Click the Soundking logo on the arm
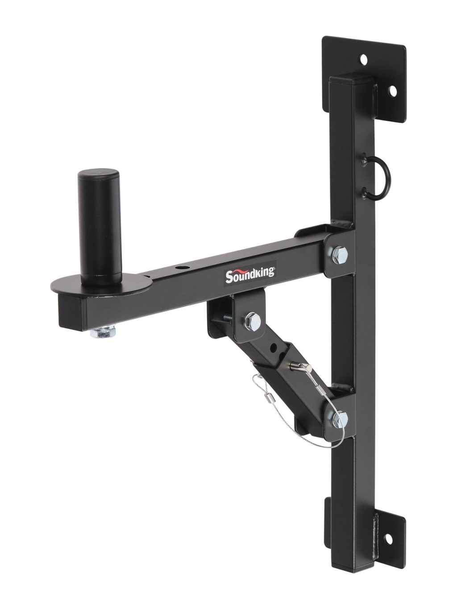[250, 276]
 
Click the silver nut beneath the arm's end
[103, 331]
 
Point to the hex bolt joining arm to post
[340, 255]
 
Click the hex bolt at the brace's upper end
[252, 322]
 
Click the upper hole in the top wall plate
[363, 59]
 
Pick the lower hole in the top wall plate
[393, 91]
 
